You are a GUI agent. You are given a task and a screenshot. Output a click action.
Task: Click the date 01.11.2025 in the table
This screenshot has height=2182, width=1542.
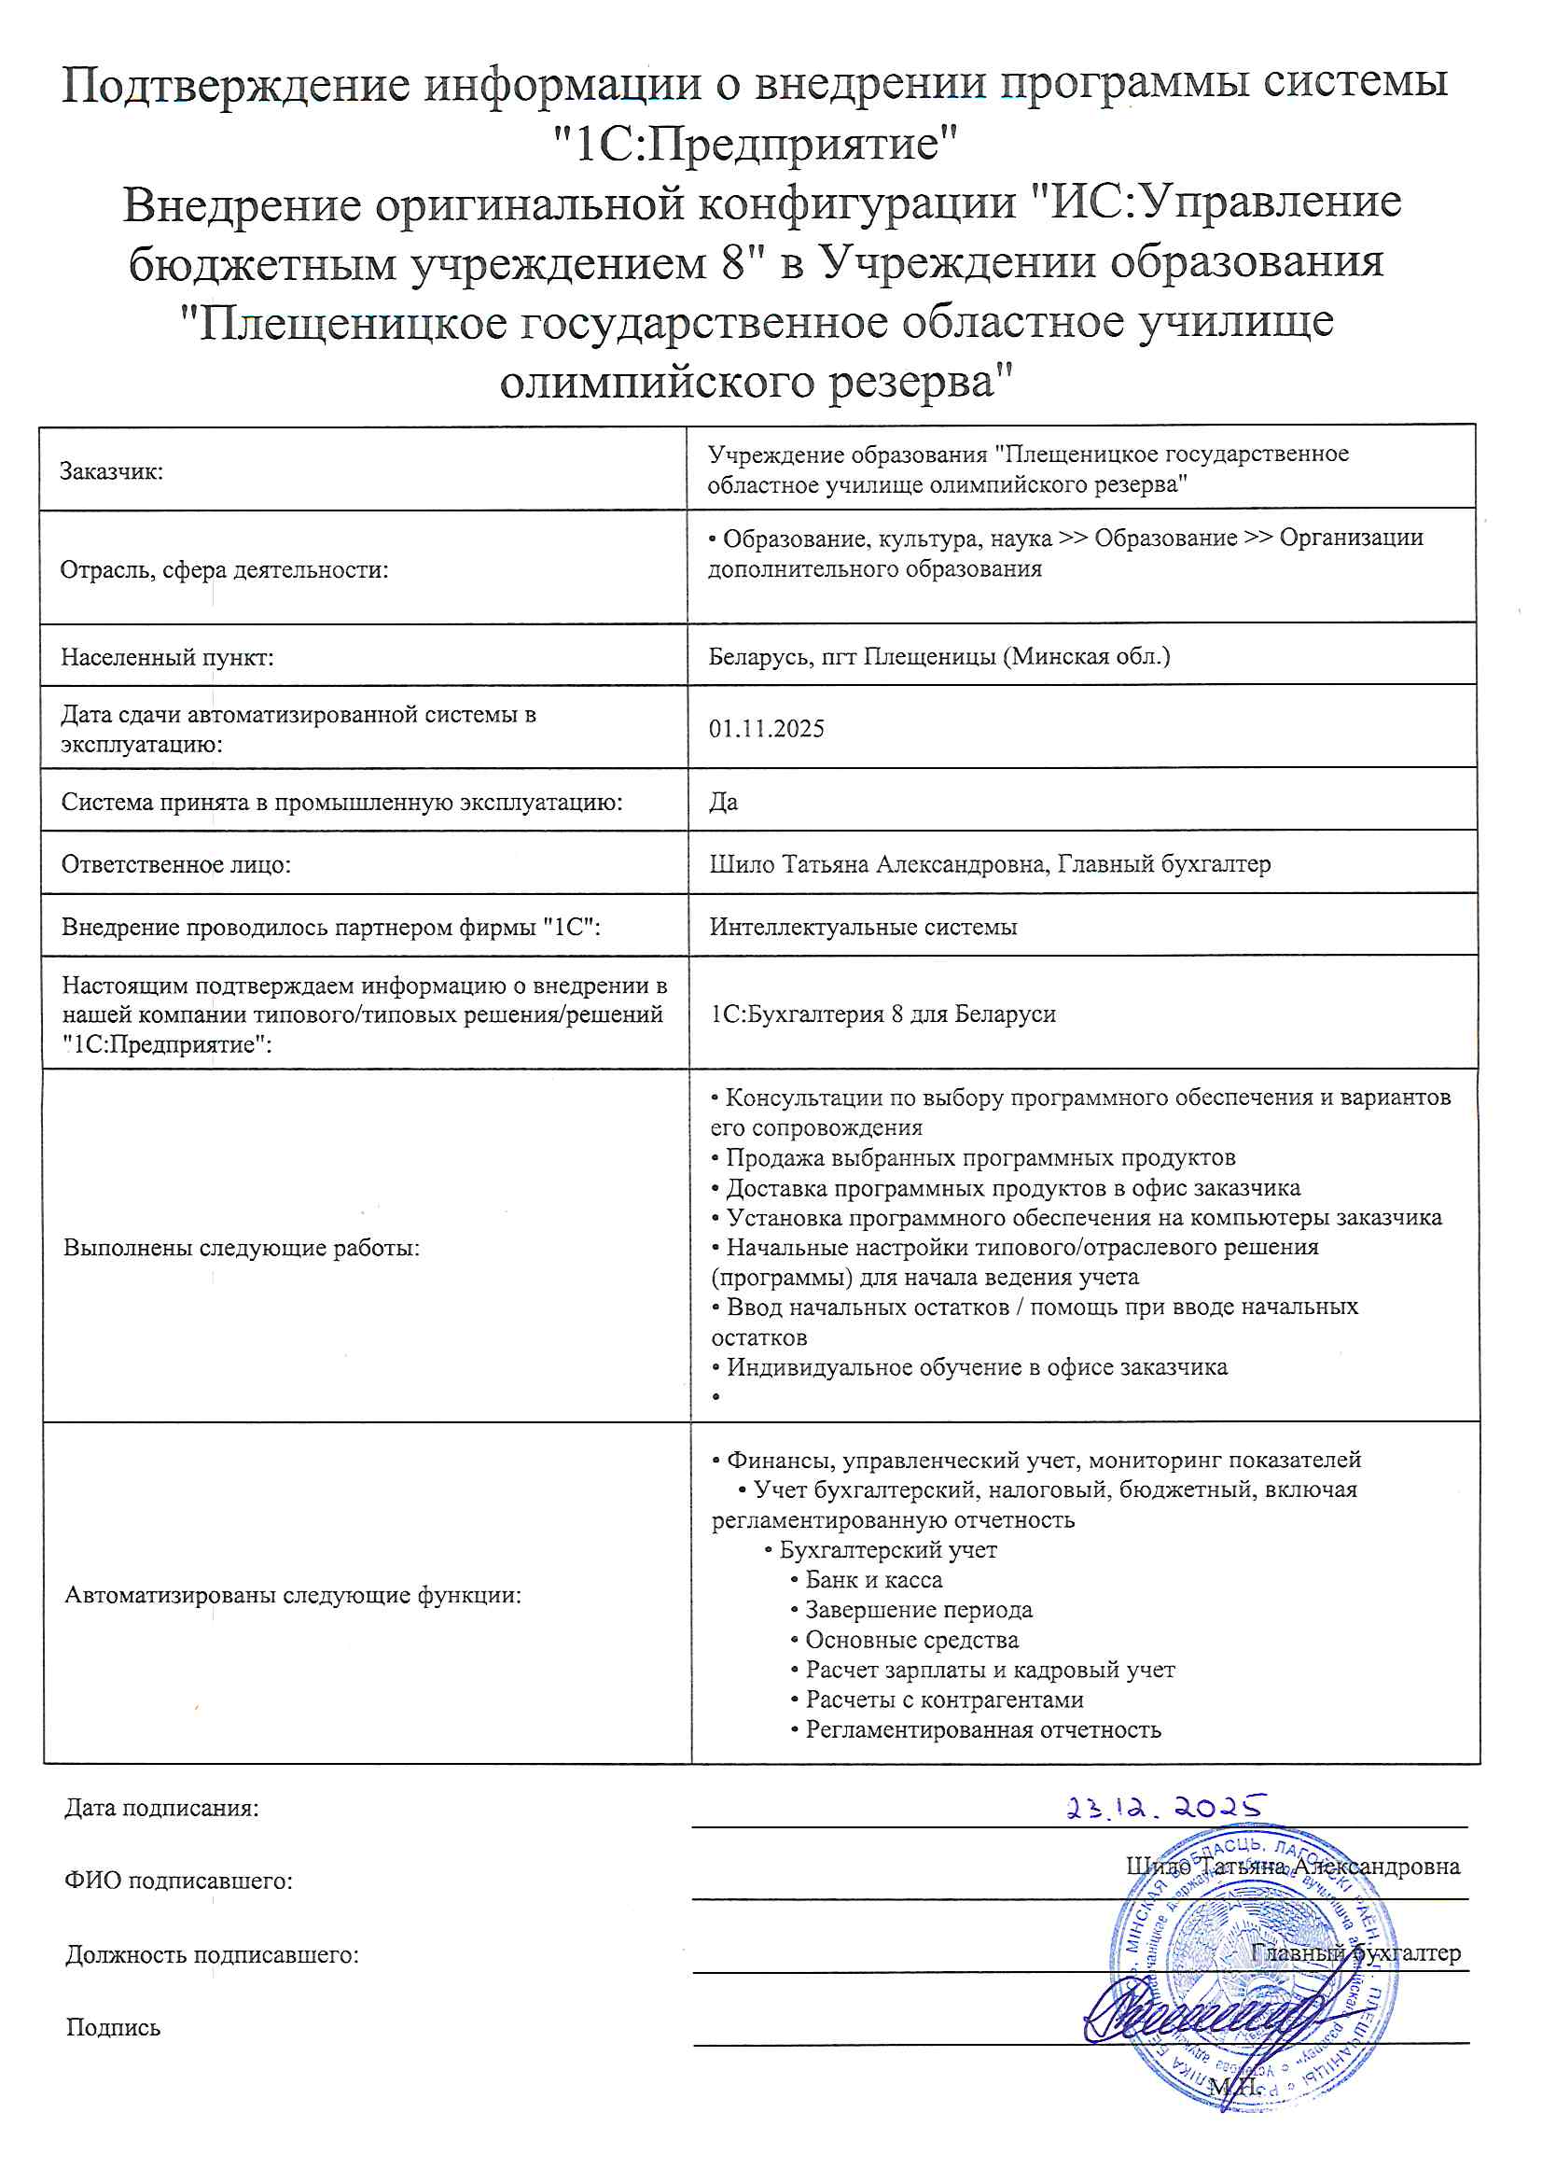766,729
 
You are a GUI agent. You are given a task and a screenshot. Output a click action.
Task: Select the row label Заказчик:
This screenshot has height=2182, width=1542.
111,471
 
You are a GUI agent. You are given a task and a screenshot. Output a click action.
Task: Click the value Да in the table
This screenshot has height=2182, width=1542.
723,801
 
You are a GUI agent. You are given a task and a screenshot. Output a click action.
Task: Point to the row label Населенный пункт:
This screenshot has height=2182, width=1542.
167,657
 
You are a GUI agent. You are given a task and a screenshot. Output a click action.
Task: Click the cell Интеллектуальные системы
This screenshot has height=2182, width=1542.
863,927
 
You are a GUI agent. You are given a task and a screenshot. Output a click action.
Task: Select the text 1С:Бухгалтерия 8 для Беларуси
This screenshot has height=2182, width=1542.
882,1014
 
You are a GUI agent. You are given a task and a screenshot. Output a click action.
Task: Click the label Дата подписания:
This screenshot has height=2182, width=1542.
161,1808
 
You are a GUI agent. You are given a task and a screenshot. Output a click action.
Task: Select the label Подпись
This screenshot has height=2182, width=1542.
113,2028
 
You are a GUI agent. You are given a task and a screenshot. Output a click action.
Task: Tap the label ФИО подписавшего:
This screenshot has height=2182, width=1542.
178,1881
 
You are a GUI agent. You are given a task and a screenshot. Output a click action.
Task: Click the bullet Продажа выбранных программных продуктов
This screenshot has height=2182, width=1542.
979,1157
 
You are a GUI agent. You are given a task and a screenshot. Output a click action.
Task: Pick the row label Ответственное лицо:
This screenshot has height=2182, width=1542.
175,864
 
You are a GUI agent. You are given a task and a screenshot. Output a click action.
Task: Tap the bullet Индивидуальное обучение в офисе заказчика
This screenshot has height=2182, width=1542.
976,1366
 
